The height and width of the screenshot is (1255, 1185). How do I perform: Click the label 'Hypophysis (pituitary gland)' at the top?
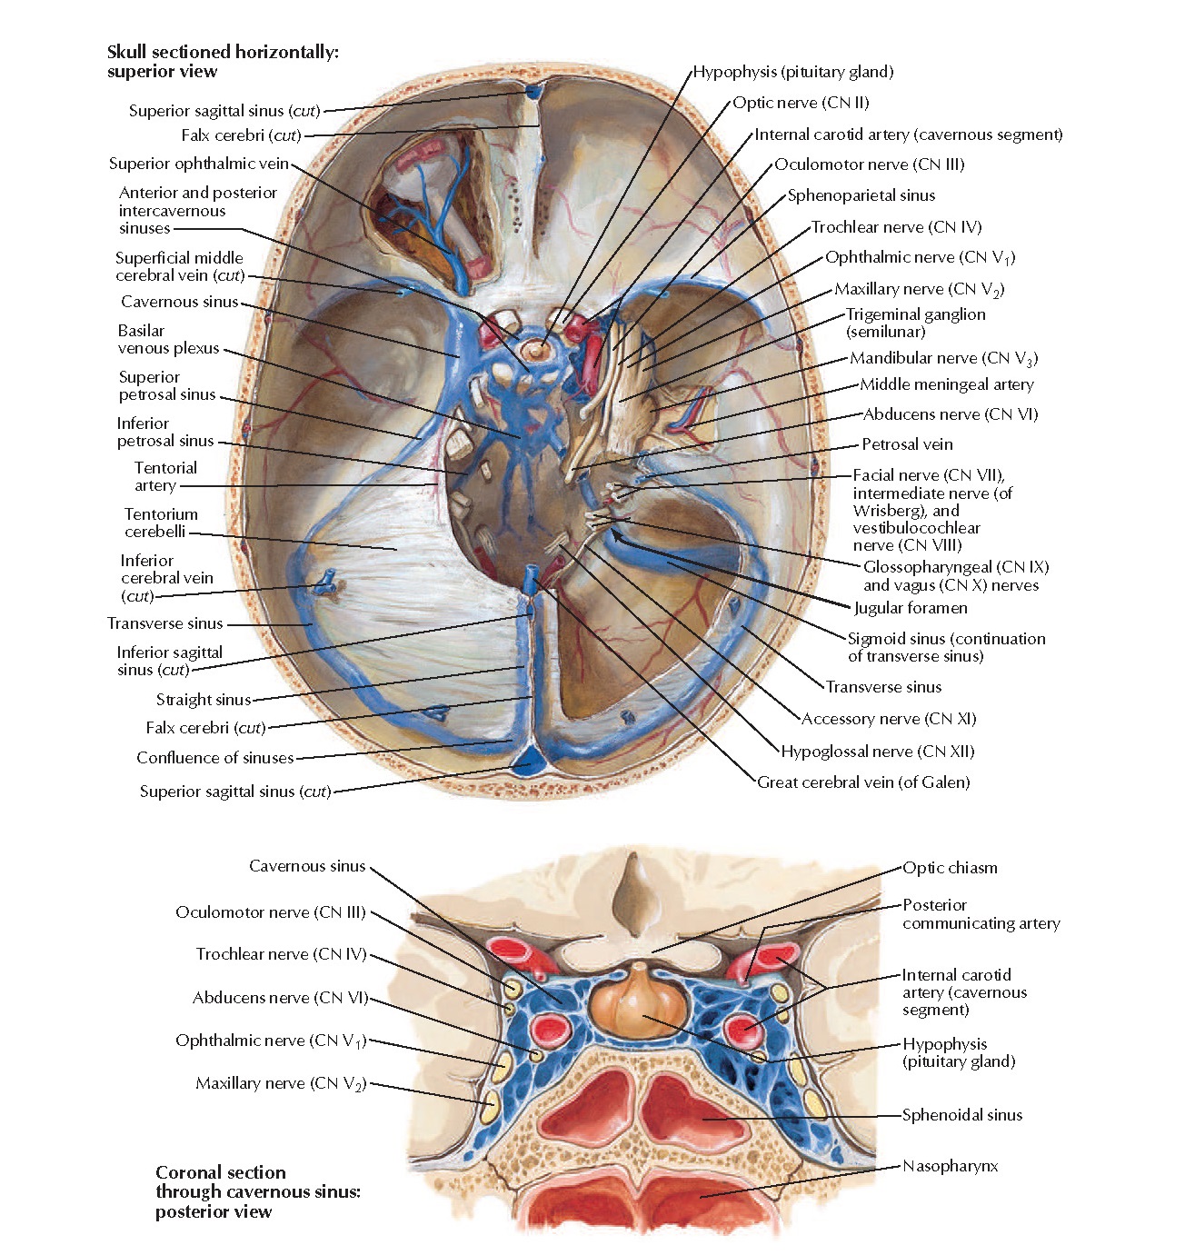tap(793, 72)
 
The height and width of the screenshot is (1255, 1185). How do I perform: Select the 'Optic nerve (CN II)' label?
tap(801, 103)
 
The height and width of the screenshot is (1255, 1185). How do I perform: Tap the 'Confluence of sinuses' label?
tap(215, 758)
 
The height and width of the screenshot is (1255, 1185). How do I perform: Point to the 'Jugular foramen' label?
tap(910, 608)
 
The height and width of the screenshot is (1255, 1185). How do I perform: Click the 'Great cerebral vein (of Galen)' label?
tap(863, 782)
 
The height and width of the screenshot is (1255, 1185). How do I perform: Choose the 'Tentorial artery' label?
tap(165, 476)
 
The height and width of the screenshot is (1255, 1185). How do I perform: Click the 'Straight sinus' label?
tap(203, 700)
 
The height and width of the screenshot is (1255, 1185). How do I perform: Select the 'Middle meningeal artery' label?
tap(947, 384)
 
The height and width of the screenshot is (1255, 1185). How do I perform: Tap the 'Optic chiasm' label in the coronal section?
tap(950, 868)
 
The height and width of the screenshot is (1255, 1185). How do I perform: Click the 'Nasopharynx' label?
tap(950, 1166)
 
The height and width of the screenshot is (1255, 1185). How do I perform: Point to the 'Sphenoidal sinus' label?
tap(961, 1115)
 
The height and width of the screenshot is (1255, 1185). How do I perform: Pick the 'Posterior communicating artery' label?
tap(981, 914)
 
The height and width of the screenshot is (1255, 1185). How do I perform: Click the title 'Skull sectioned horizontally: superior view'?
tap(223, 62)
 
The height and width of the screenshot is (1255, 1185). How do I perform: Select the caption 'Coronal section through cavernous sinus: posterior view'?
tap(258, 1191)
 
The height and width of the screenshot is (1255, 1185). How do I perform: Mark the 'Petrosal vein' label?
tap(907, 444)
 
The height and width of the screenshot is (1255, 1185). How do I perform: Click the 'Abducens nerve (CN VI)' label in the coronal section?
tap(280, 998)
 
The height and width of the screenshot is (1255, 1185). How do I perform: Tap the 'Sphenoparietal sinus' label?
tap(861, 195)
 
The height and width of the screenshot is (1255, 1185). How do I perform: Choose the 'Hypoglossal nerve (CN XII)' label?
tap(877, 752)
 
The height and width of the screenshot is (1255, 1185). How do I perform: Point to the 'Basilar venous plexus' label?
tap(168, 339)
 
